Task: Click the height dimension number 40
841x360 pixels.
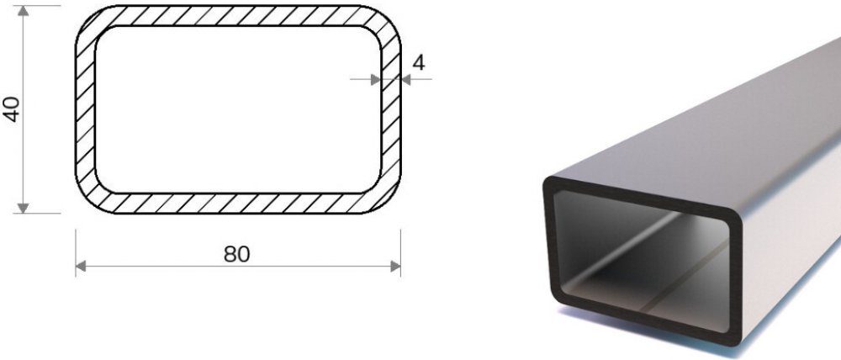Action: (x=13, y=109)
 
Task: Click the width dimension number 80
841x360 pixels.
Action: (x=237, y=254)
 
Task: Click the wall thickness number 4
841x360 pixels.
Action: (x=419, y=63)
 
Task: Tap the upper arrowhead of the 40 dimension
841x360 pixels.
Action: (x=23, y=11)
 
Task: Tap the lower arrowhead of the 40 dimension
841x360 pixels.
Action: (x=23, y=208)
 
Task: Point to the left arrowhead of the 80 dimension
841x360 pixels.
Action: (x=81, y=266)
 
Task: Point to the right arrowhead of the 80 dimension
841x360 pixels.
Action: (x=395, y=266)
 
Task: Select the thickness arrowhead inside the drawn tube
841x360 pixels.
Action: (x=375, y=80)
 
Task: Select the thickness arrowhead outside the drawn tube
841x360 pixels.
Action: (x=406, y=80)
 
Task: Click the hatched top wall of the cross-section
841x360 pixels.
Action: (x=238, y=15)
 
